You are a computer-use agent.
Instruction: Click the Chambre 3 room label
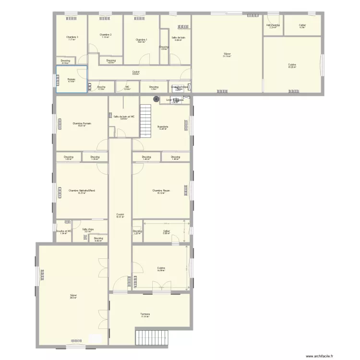click(x=72, y=37)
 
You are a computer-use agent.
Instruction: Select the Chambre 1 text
click(x=141, y=40)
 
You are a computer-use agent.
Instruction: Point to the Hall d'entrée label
click(x=273, y=25)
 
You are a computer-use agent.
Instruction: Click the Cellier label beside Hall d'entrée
click(x=302, y=25)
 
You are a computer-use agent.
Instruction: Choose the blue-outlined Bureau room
click(x=72, y=79)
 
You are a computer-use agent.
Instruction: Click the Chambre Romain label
click(x=82, y=123)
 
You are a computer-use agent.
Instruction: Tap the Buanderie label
click(x=163, y=126)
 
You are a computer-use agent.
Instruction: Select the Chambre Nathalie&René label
click(x=82, y=191)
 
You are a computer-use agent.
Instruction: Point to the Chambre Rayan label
click(x=161, y=191)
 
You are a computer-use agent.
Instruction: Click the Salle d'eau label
click(x=87, y=229)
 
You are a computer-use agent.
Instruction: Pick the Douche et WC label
click(x=63, y=231)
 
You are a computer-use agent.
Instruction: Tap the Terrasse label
click(x=145, y=314)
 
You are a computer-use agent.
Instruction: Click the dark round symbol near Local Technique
click(x=156, y=98)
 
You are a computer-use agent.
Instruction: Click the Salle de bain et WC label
click(x=124, y=116)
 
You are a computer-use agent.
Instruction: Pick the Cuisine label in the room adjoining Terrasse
click(x=161, y=268)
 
